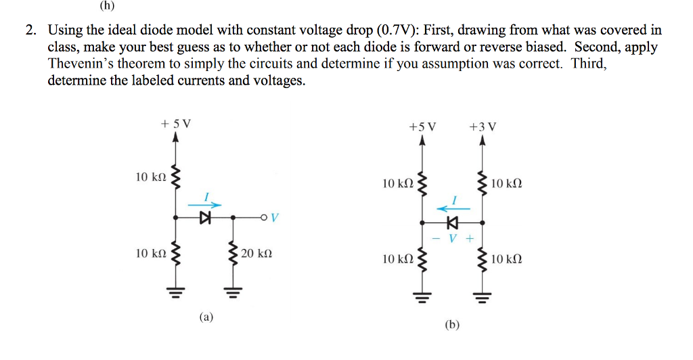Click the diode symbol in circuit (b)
pyautogui.click(x=452, y=221)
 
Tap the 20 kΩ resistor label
pyautogui.click(x=256, y=254)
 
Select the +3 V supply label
pyautogui.click(x=482, y=127)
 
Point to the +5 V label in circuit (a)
pyautogui.click(x=176, y=124)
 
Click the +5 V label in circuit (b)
pyautogui.click(x=423, y=127)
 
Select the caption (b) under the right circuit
pyautogui.click(x=452, y=325)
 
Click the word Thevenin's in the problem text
pyautogui.click(x=81, y=64)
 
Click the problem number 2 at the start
pyautogui.click(x=30, y=30)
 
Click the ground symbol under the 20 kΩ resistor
pyautogui.click(x=233, y=293)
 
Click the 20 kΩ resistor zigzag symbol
pyautogui.click(x=233, y=256)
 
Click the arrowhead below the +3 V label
pyautogui.click(x=482, y=141)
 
